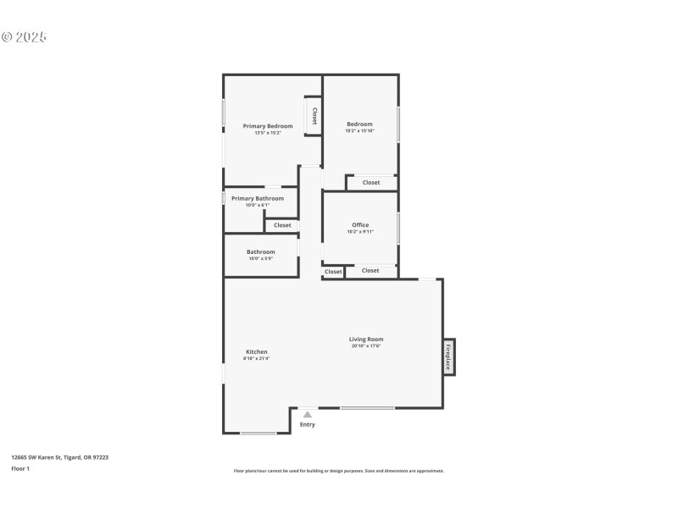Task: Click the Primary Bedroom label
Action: point(268,126)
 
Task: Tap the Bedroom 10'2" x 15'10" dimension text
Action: point(359,131)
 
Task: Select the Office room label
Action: point(360,225)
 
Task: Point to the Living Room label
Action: point(366,339)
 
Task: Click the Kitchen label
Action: point(257,351)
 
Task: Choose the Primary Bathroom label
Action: point(258,198)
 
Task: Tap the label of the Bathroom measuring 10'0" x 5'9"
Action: point(260,251)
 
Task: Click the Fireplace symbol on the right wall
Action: point(448,356)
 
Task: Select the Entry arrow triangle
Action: point(308,415)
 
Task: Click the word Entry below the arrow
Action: point(308,424)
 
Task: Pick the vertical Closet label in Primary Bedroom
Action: point(314,116)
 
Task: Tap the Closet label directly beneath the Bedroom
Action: point(371,182)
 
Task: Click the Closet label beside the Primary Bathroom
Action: point(282,225)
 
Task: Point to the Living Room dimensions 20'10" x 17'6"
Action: point(366,345)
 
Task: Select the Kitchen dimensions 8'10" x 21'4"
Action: point(257,358)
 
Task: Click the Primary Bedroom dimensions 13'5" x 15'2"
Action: point(268,133)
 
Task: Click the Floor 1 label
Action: point(20,468)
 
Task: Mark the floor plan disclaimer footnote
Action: point(338,471)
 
